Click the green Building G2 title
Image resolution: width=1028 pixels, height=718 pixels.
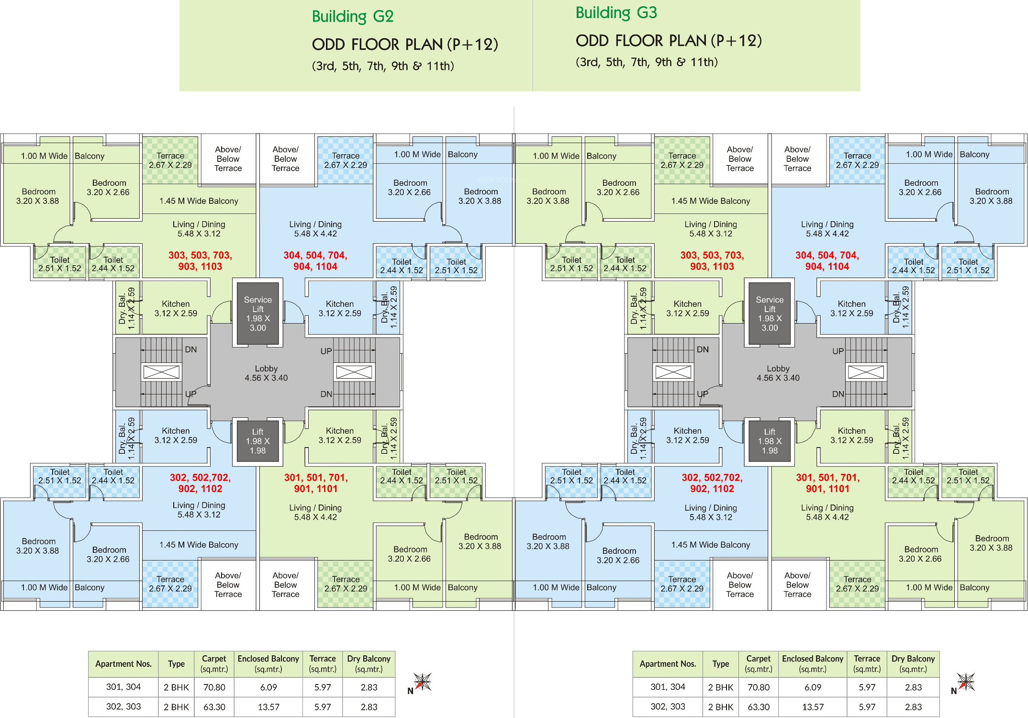click(353, 17)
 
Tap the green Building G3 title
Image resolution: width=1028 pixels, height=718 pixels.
click(616, 13)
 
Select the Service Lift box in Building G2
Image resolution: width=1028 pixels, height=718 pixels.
click(257, 314)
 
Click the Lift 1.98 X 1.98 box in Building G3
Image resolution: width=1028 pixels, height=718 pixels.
click(770, 441)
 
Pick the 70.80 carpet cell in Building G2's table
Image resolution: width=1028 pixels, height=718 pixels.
click(214, 687)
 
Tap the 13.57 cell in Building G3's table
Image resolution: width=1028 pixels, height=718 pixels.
click(813, 707)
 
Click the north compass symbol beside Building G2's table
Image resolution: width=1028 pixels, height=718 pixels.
click(422, 682)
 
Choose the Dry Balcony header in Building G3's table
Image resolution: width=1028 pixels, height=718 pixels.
click(913, 664)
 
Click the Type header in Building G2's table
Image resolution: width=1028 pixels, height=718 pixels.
click(176, 664)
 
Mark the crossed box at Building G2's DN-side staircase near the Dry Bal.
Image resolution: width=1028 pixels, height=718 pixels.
click(161, 372)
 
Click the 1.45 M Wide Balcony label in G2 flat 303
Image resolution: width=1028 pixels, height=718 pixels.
click(199, 201)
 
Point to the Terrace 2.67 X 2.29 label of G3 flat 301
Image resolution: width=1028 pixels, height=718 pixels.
click(857, 584)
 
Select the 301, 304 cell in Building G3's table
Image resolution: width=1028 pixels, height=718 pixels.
click(668, 687)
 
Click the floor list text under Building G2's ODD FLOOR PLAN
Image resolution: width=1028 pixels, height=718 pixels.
click(383, 66)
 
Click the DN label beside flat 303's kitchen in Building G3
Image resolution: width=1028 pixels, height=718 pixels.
click(703, 349)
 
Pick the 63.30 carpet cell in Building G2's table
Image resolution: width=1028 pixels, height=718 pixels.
click(214, 707)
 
